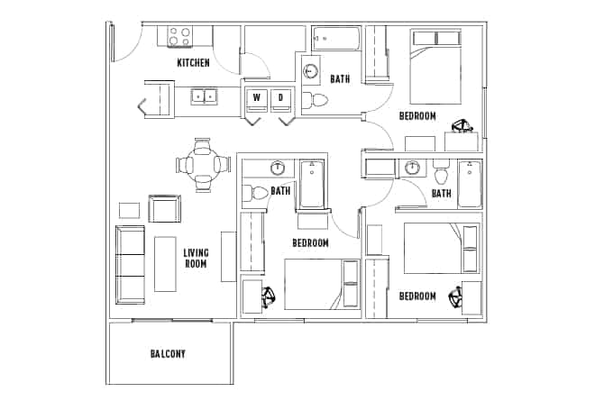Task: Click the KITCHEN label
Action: tap(193, 62)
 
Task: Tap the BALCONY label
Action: tap(168, 354)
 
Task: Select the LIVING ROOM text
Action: tap(196, 259)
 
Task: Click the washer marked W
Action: tap(256, 97)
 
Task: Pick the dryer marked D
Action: tap(280, 97)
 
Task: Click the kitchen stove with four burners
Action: tap(180, 37)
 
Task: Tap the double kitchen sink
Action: tap(203, 95)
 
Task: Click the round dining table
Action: tap(200, 164)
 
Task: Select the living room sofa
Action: tap(130, 264)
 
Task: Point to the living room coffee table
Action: tap(164, 263)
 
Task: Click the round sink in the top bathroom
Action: tap(312, 71)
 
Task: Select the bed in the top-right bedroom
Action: tap(435, 65)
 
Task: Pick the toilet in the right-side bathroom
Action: tap(440, 169)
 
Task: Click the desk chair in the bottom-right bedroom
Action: tap(450, 297)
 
